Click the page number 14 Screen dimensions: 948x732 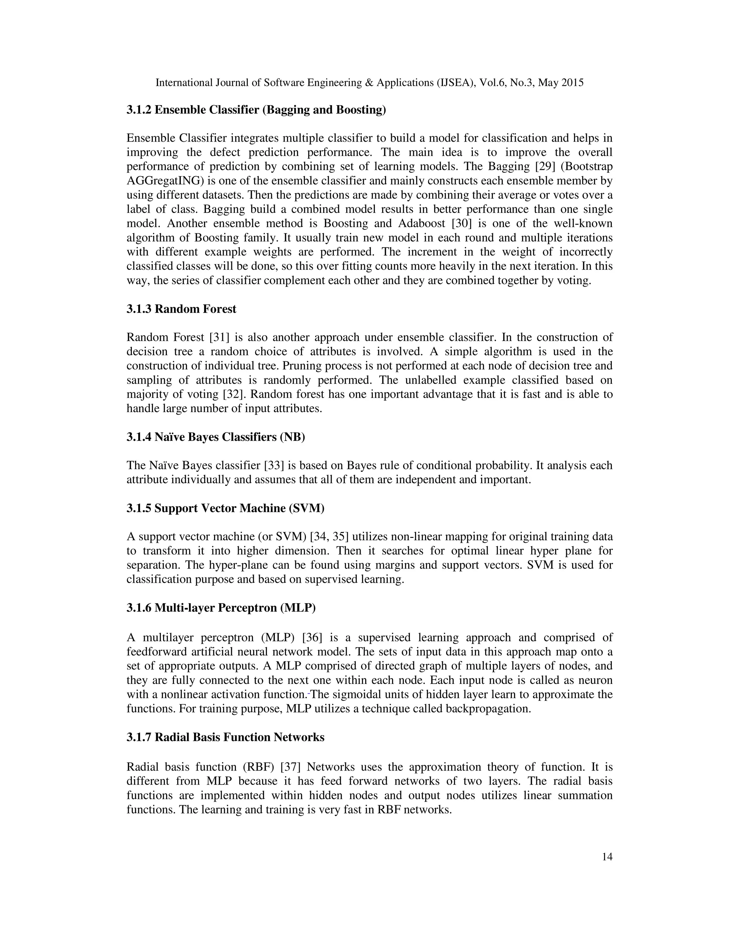click(607, 857)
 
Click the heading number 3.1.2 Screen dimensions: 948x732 click(139, 110)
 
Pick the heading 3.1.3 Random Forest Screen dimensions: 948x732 click(181, 309)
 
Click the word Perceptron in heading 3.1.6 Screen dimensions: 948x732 click(247, 608)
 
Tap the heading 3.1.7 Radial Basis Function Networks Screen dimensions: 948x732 click(226, 738)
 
